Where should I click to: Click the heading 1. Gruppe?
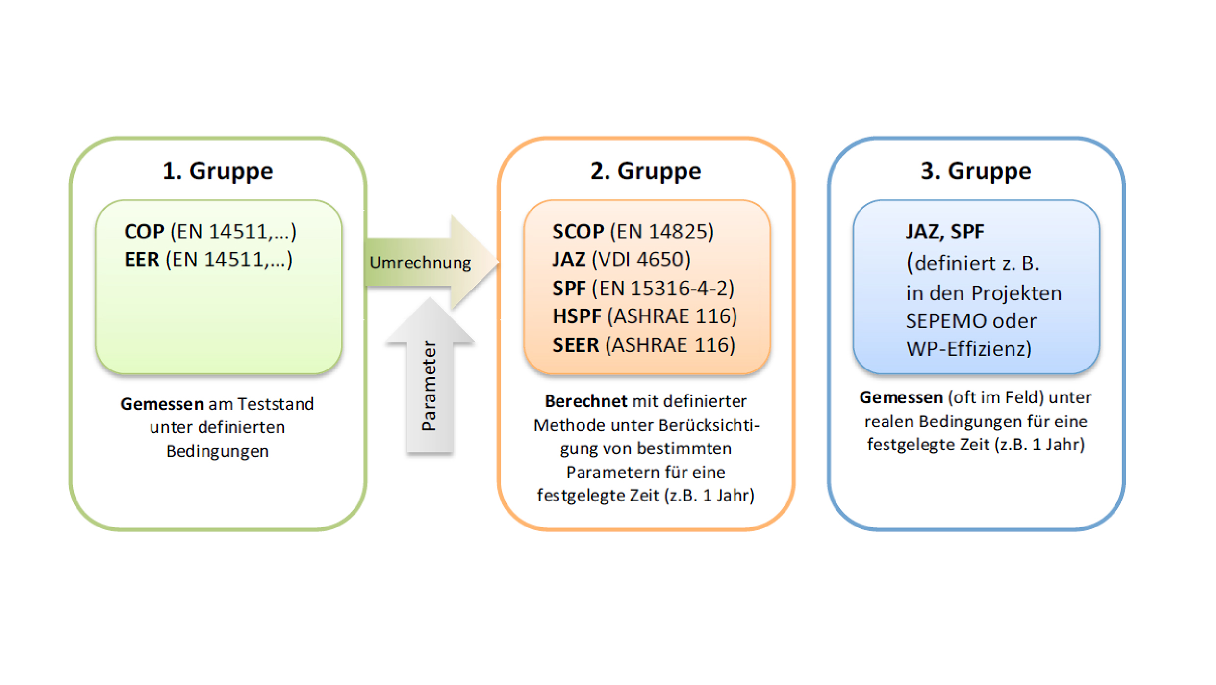[217, 171]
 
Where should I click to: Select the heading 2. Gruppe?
[645, 171]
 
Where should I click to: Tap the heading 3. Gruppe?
[976, 171]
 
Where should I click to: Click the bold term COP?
[144, 232]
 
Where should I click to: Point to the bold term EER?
[142, 260]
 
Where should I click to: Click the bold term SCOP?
[578, 232]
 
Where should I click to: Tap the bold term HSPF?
[577, 317]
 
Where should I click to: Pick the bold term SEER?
[576, 345]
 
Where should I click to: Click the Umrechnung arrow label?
[420, 263]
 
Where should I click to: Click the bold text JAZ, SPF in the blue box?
[944, 232]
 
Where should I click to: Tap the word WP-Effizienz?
[968, 349]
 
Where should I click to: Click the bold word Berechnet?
[585, 401]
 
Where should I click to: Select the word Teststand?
[276, 404]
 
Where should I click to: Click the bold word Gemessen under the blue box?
[901, 397]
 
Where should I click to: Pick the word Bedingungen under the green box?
[217, 451]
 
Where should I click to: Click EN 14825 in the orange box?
[662, 232]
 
